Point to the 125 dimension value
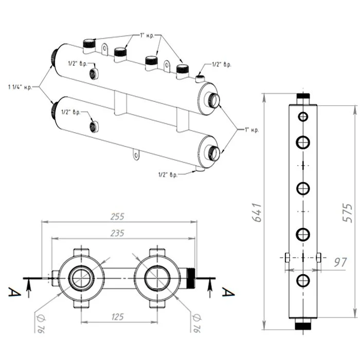[117, 317]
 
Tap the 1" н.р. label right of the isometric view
[251, 130]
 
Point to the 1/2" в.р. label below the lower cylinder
[168, 175]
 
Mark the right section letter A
[224, 292]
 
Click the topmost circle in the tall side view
[303, 117]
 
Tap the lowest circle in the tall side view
[303, 280]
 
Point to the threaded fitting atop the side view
[303, 97]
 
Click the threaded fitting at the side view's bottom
[303, 325]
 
